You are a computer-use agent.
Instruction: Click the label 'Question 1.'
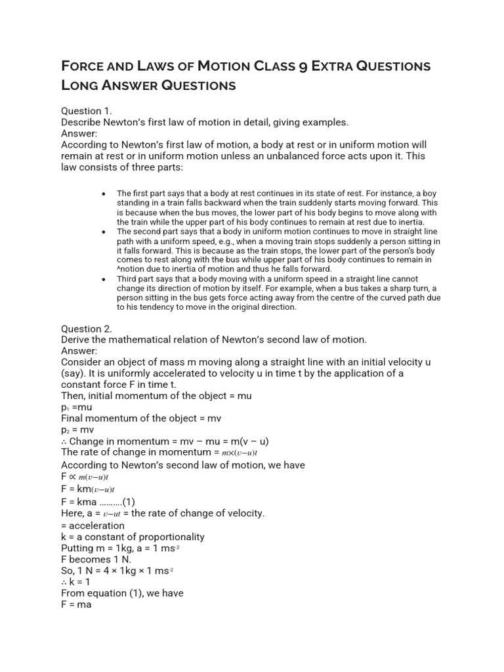(x=87, y=111)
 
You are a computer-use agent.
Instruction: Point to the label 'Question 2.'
(x=87, y=328)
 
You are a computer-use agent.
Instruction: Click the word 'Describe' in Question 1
(x=83, y=122)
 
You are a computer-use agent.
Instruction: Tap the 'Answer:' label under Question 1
(x=79, y=133)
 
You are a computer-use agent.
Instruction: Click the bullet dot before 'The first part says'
(x=104, y=194)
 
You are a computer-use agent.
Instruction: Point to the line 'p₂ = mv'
(x=77, y=429)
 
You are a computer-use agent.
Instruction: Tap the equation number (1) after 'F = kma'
(x=129, y=502)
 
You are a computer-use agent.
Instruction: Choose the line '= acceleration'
(x=93, y=525)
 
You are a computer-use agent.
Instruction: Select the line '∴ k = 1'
(x=76, y=581)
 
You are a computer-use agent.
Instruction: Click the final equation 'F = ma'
(x=76, y=604)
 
